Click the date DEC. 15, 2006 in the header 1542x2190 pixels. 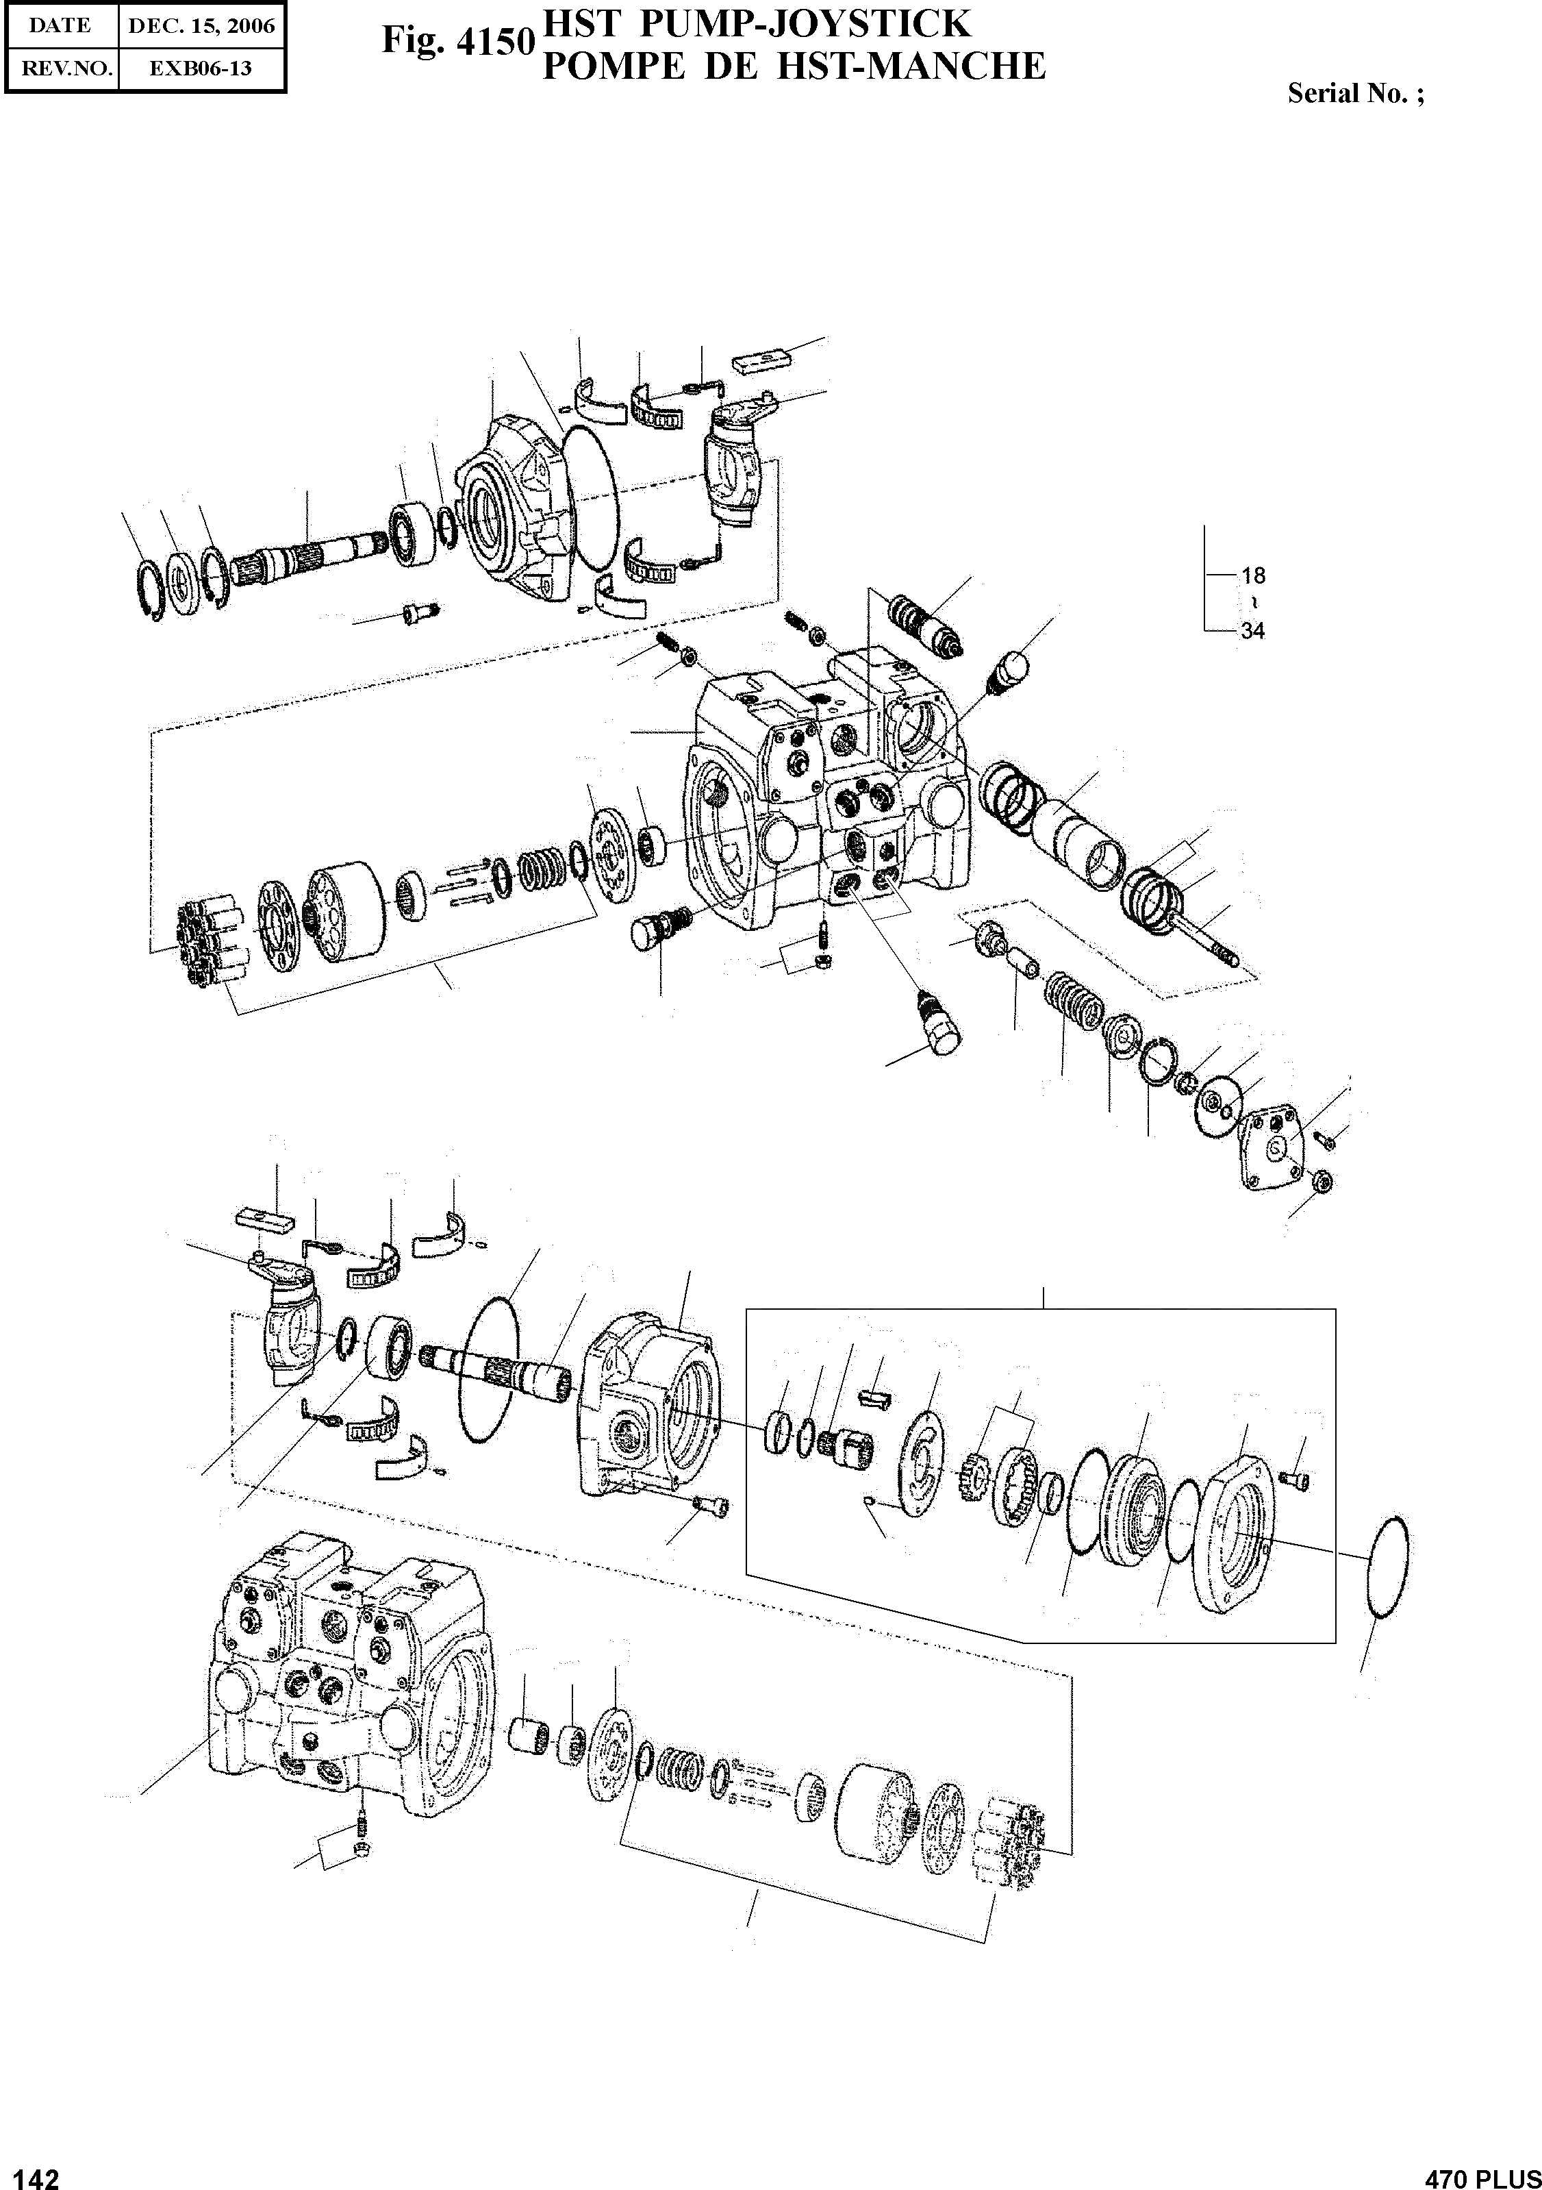[x=202, y=27]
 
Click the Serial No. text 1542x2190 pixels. [x=1355, y=93]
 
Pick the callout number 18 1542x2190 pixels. [x=1252, y=575]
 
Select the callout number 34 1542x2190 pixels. [x=1252, y=630]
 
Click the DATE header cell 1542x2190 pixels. [x=60, y=27]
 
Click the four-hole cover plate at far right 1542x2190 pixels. [x=1274, y=1156]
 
